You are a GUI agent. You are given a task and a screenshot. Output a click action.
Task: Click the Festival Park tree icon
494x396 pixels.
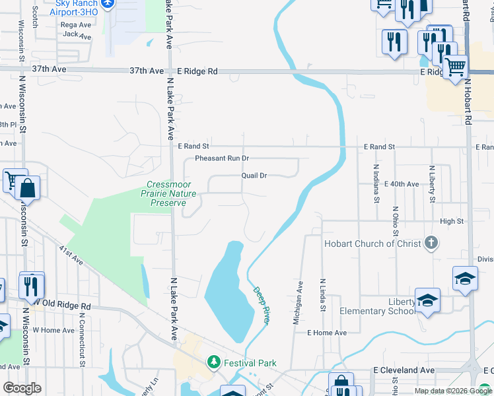[x=213, y=362]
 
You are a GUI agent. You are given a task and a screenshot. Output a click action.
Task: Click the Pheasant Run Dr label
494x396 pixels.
[x=222, y=158]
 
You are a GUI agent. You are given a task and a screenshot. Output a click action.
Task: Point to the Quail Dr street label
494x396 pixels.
[x=254, y=176]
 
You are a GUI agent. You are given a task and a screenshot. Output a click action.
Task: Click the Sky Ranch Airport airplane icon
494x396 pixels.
[x=110, y=4]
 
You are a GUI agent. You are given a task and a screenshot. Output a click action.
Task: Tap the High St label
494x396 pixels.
[x=452, y=222]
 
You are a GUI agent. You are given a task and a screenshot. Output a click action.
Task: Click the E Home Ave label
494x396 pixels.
[x=326, y=333]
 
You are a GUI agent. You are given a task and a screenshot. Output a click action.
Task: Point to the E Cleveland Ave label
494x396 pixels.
[x=404, y=370]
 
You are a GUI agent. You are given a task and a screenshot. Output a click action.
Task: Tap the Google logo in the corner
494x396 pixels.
[x=22, y=387]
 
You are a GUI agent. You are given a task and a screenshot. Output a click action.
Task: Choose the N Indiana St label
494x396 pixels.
[x=376, y=183]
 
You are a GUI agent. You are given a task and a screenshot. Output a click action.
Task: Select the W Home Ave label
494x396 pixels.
[x=53, y=330]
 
